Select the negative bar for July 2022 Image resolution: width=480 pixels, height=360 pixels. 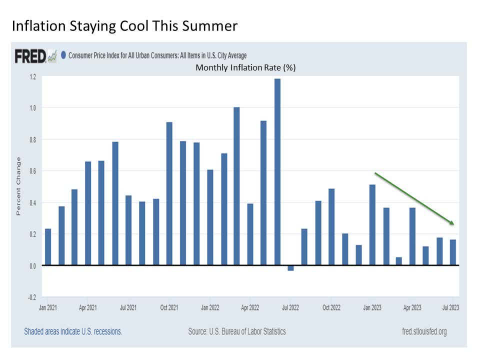pyautogui.click(x=290, y=268)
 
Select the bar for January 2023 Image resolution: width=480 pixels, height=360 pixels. pyautogui.click(x=372, y=225)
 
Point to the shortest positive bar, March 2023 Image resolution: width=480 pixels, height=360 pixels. pyautogui.click(x=398, y=261)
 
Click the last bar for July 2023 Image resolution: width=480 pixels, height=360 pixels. pyautogui.click(x=453, y=252)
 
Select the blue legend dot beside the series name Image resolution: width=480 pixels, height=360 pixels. pyautogui.click(x=63, y=55)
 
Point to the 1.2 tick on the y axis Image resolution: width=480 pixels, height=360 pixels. pyautogui.click(x=32, y=76)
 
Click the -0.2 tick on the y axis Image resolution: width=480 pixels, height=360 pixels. pyautogui.click(x=31, y=297)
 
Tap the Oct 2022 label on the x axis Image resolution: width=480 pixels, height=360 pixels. pyautogui.click(x=331, y=307)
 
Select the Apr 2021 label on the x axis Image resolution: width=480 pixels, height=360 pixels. pyautogui.click(x=88, y=307)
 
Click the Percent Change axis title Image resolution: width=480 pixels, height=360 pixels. pyautogui.click(x=18, y=186)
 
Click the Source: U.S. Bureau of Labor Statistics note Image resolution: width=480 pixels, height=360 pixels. pyautogui.click(x=237, y=331)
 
